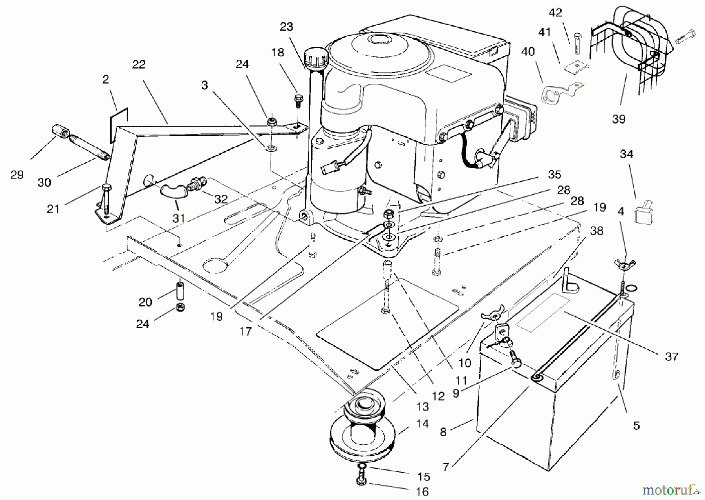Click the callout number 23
click(x=286, y=27)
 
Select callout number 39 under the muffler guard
click(x=618, y=119)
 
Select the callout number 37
click(x=672, y=356)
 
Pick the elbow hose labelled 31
click(x=171, y=191)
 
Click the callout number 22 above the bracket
click(x=139, y=64)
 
